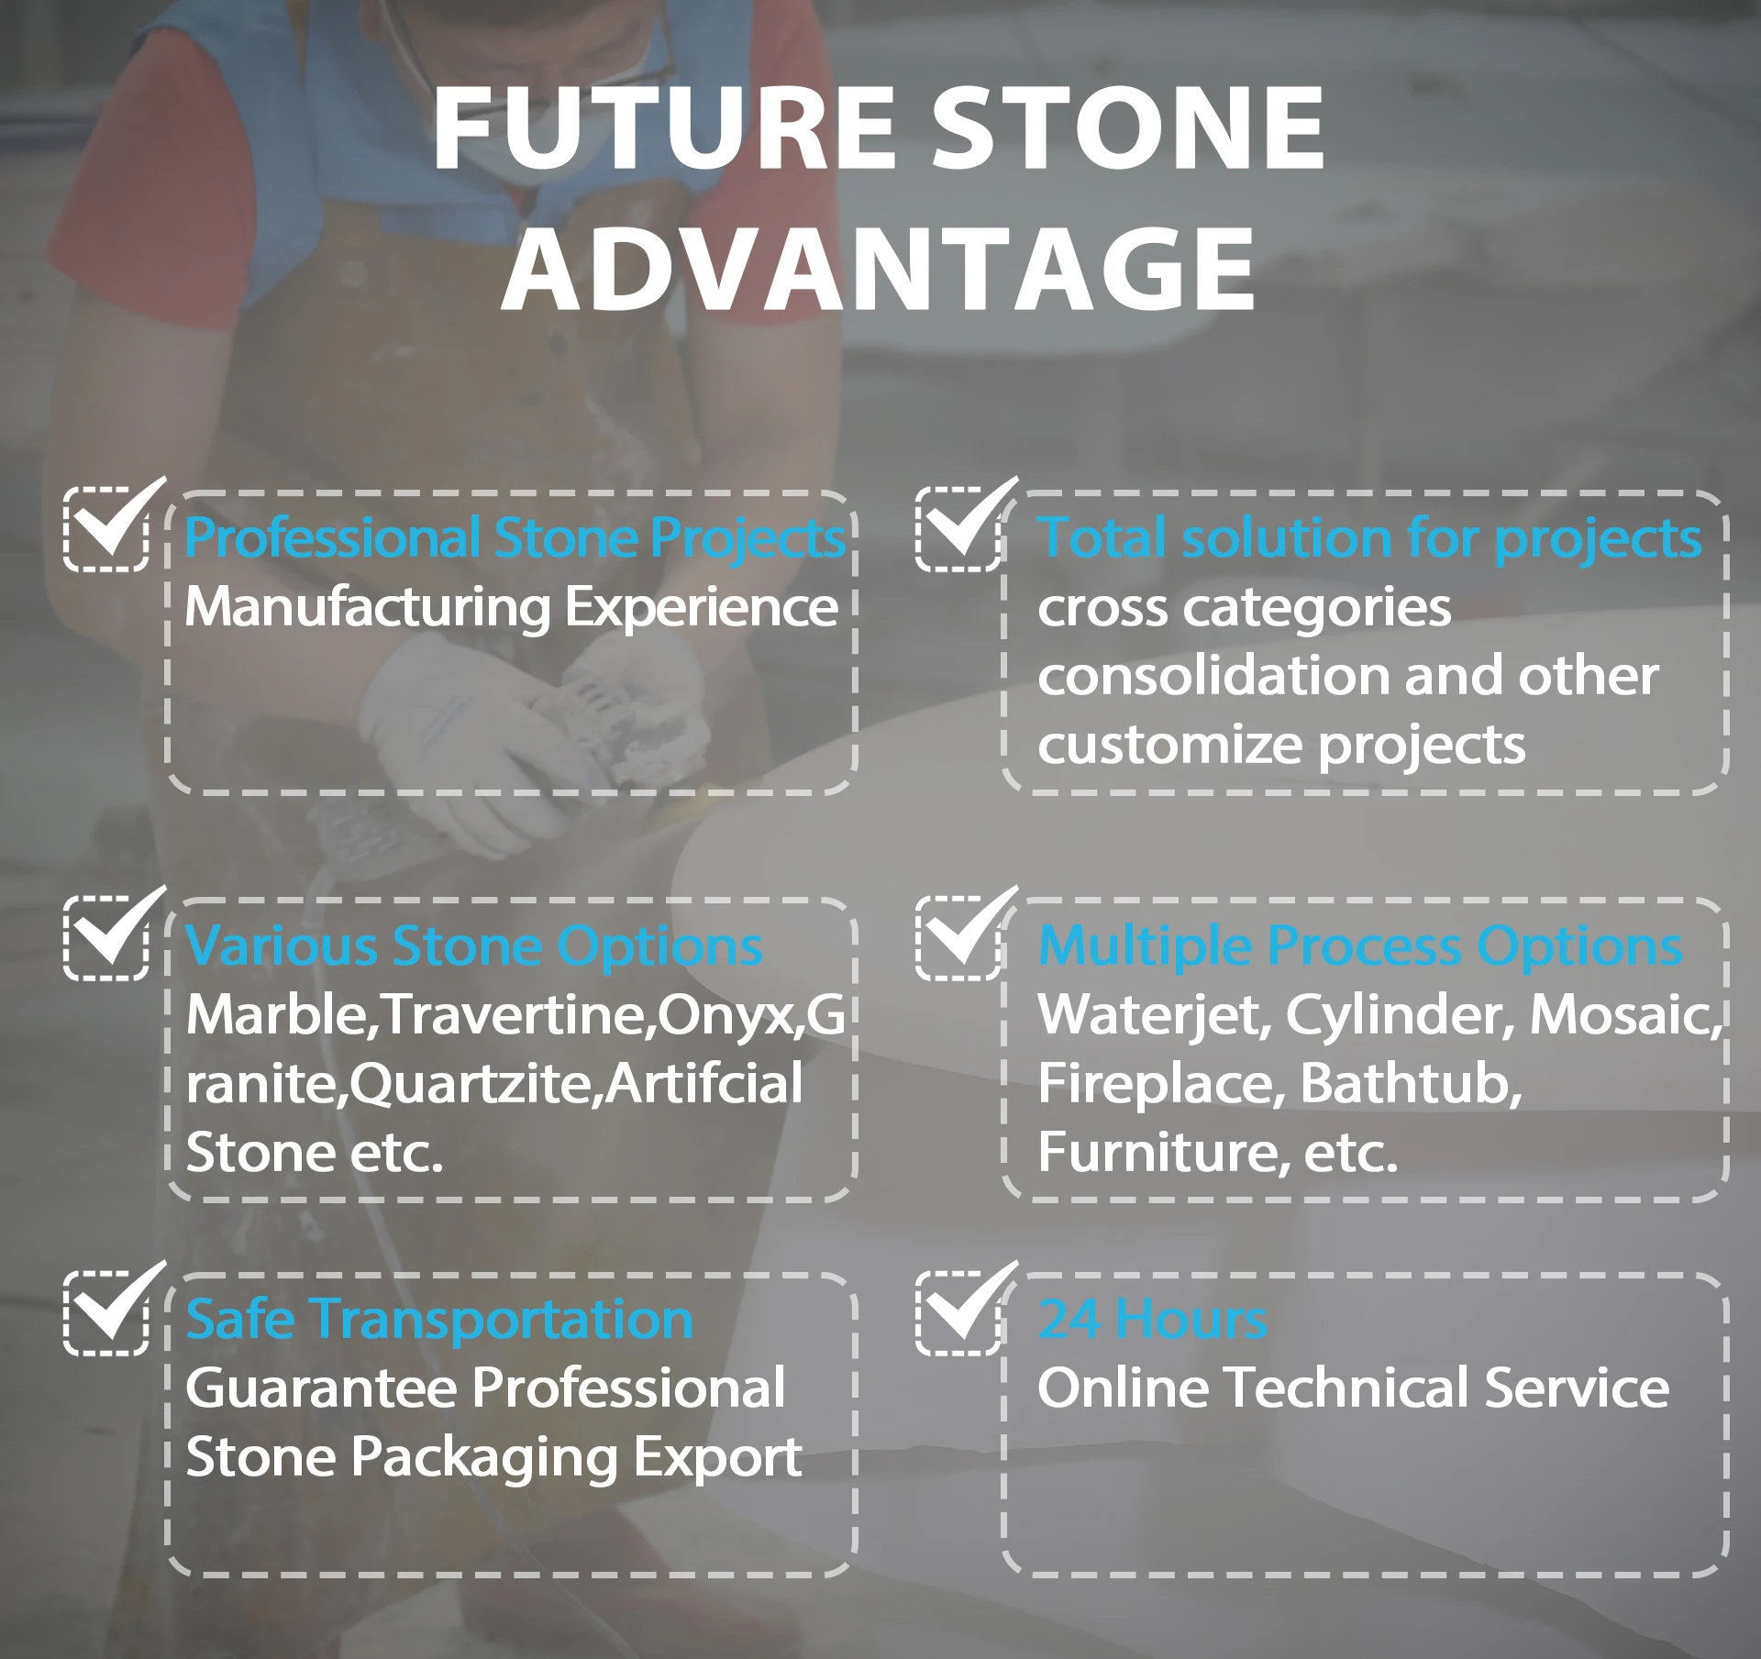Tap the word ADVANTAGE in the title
click(879, 269)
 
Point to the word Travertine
click(518, 1016)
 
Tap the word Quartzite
click(474, 1086)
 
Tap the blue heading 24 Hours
click(1153, 1320)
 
